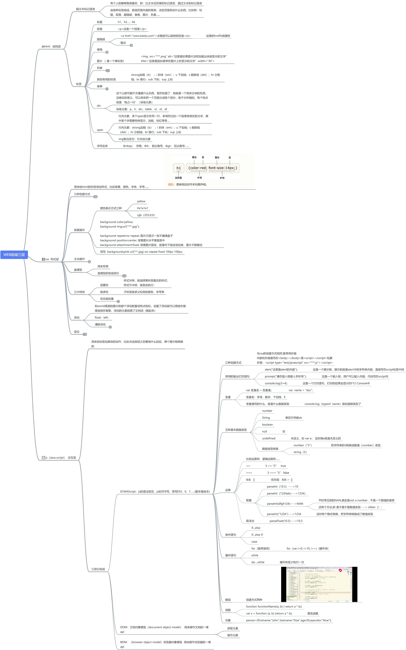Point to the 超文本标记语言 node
pyautogui.click(x=85, y=9)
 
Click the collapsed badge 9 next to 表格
pyautogui.click(x=107, y=52)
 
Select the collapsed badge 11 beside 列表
pyautogui.click(x=108, y=71)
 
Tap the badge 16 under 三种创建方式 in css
pyautogui.click(x=95, y=197)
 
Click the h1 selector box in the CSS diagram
pyautogui.click(x=179, y=168)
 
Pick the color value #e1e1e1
pyautogui.click(x=143, y=208)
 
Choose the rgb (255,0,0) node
pyautogui.click(x=146, y=215)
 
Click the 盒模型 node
pyautogui.click(x=78, y=270)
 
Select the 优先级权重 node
pyautogui.click(x=107, y=299)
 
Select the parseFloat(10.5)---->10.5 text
pyautogui.click(x=286, y=521)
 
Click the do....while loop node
pyautogui.click(x=258, y=562)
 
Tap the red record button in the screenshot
pyautogui.click(x=340, y=570)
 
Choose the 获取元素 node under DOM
pyautogui.click(x=233, y=628)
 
